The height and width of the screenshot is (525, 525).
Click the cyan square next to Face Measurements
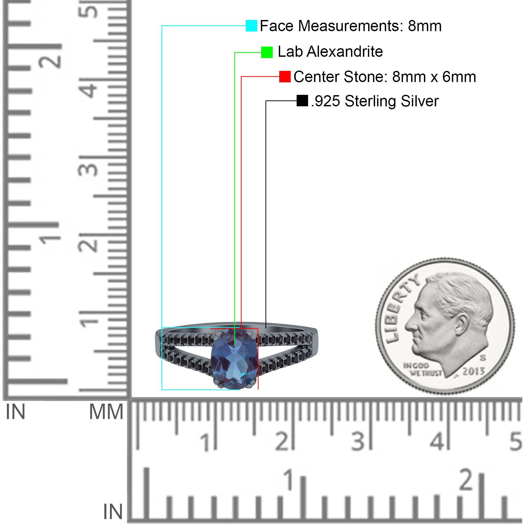click(251, 26)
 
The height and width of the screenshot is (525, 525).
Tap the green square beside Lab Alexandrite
click(267, 52)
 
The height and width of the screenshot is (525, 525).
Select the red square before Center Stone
click(285, 77)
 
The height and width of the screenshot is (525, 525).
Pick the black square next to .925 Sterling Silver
click(302, 101)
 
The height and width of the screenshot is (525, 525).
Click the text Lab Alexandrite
click(330, 52)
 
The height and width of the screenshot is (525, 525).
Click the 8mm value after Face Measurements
click(425, 26)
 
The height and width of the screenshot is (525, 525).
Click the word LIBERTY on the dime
click(401, 308)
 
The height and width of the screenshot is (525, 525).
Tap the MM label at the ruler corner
click(106, 412)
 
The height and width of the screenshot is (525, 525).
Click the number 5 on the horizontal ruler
click(515, 441)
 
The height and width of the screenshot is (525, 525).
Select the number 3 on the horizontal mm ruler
click(358, 441)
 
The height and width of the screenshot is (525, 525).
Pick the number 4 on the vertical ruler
click(90, 89)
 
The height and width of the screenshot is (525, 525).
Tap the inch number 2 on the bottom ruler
click(466, 480)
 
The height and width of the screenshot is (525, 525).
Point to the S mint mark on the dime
click(483, 357)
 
